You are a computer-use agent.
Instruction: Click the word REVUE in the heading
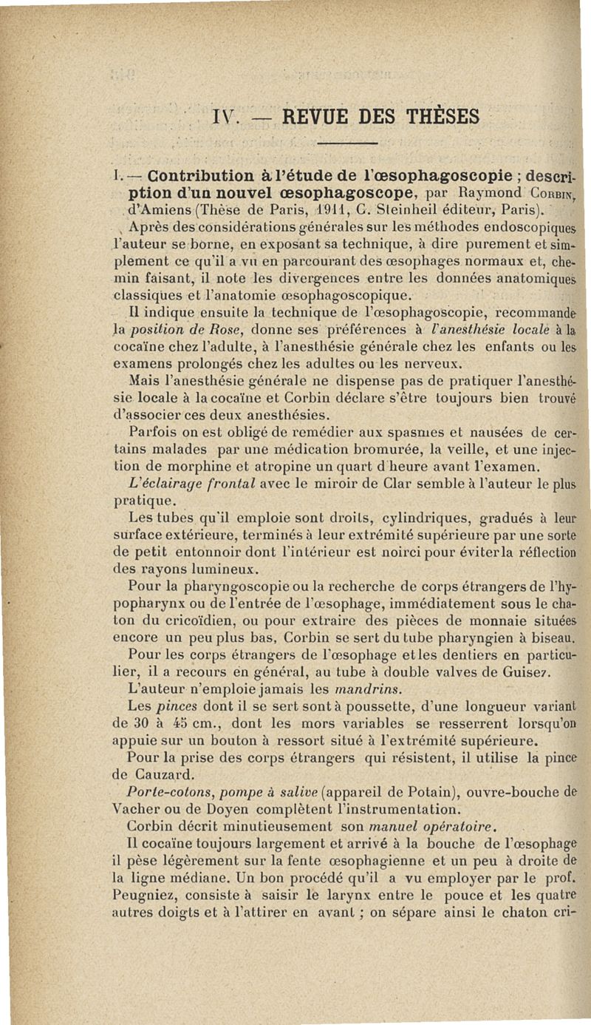tap(324, 117)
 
